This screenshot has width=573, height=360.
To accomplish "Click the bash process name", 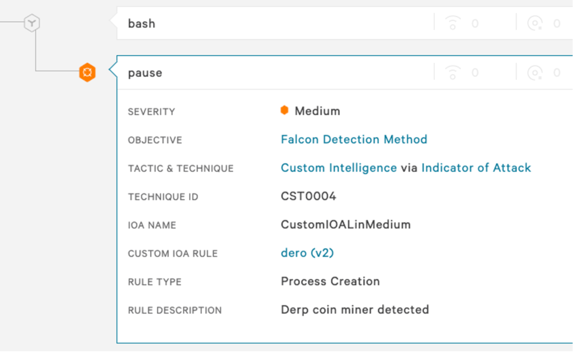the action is pos(142,24).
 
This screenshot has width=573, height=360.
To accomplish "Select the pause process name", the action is pos(145,73).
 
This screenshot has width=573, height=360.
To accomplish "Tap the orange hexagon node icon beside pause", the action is pos(87,72).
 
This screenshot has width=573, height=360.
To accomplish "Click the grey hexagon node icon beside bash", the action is pos(32,22).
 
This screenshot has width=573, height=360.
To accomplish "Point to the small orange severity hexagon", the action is pos(284,110).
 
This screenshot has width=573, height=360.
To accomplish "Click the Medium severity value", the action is pos(317,111).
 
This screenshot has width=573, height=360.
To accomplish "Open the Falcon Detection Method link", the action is pos(354,139).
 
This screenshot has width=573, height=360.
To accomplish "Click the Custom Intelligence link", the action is pos(339,168).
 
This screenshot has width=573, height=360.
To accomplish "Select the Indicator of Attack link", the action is pos(476,168).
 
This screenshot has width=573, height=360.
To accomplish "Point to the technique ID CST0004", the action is pos(308,197).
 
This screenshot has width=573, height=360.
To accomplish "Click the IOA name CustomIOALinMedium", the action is pos(346,225).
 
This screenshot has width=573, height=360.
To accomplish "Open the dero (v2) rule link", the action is pos(307,253).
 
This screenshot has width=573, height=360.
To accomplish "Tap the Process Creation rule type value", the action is pos(330,281).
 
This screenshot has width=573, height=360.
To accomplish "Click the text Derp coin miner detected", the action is pos(355,310).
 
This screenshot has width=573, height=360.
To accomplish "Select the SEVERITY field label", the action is pos(151,111).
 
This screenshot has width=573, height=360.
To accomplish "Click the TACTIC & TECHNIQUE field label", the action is pos(181,169).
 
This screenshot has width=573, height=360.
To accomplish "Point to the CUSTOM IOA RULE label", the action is pos(172,254).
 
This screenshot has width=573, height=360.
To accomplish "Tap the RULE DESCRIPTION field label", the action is pos(175,310).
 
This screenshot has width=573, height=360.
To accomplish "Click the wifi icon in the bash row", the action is pos(452,23).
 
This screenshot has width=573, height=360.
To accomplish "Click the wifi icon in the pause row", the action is pos(452,72).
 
